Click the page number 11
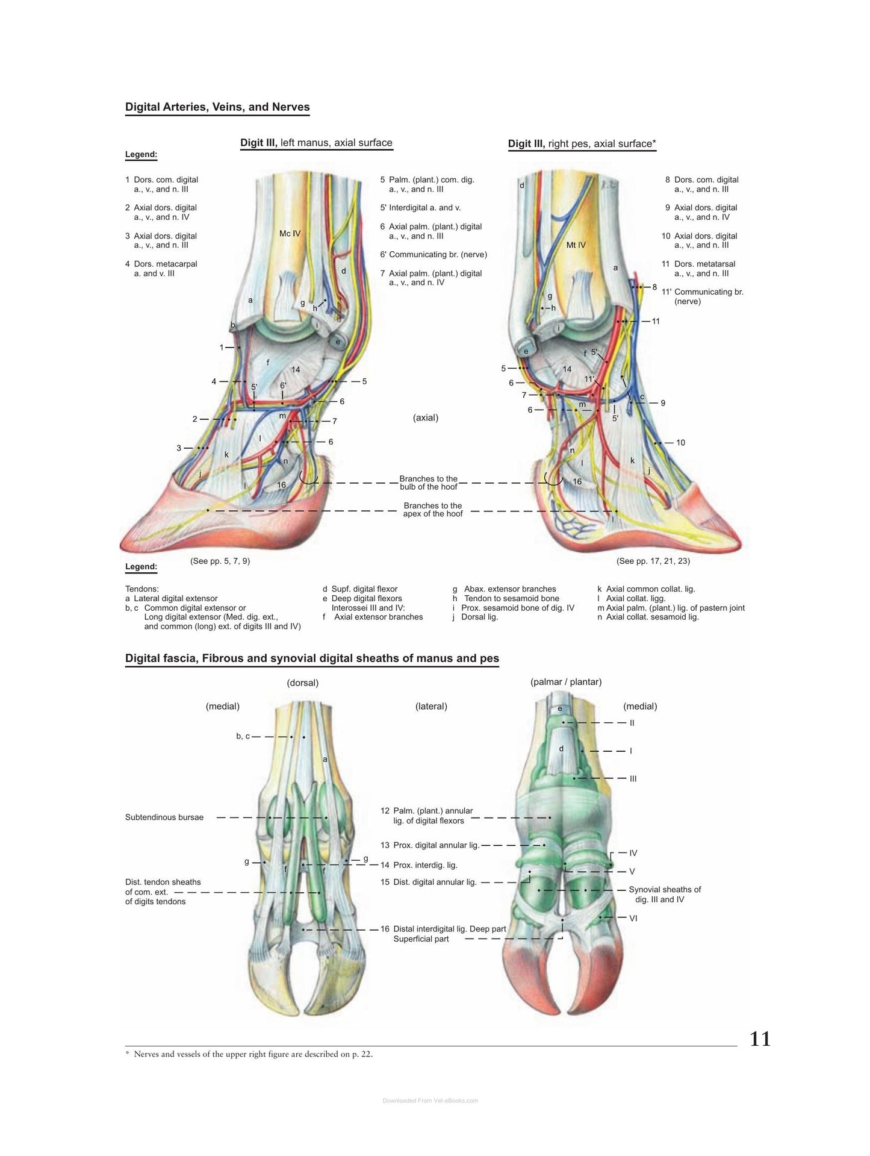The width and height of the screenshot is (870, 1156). point(760,1039)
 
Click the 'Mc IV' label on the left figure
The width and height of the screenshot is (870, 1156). point(290,233)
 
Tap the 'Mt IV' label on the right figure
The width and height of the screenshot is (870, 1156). point(576,245)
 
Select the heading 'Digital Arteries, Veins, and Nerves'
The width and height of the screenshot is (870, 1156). point(217,107)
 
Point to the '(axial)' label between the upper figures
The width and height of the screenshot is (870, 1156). point(426,417)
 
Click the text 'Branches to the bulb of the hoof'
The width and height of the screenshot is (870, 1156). point(429,483)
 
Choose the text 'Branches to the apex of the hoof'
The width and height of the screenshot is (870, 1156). point(433,510)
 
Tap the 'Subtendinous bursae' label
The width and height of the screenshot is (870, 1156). point(164,817)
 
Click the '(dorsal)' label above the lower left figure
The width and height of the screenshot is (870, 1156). point(303,683)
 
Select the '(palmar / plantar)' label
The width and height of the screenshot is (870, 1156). point(566,682)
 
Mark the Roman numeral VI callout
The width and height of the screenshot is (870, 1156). point(633,918)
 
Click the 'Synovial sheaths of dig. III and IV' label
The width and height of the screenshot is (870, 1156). point(665,895)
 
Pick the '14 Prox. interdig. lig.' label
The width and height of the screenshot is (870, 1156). point(419,865)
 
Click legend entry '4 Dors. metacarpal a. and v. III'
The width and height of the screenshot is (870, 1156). point(161,269)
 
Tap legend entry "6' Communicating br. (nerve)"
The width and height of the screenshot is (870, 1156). point(433,255)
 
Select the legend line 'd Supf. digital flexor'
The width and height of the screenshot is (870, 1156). point(360,589)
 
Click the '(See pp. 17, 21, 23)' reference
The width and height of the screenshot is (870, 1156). point(653,561)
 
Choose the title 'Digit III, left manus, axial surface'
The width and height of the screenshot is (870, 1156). point(316,143)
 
